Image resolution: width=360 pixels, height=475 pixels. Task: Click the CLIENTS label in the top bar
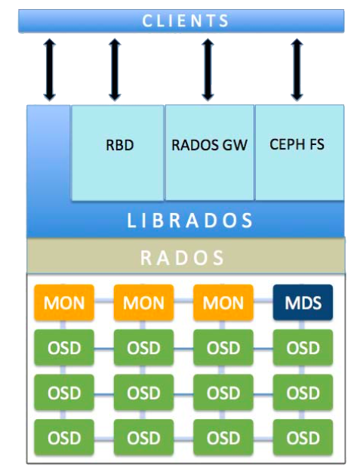coord(186,20)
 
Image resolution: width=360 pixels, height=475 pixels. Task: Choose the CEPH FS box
coord(297,144)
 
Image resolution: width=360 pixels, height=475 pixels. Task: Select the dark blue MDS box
coord(303,304)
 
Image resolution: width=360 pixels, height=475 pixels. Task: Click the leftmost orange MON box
coord(64,304)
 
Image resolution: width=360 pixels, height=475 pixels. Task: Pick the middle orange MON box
coord(143,304)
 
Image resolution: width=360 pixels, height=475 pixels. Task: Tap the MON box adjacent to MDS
coord(223,304)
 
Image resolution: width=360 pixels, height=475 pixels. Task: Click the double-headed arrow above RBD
coord(114,69)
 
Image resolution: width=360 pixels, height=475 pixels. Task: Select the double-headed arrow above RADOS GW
coord(208,69)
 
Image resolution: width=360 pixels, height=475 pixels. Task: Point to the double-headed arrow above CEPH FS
coord(297,69)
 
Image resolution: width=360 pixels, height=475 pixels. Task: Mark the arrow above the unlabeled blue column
coord(49,69)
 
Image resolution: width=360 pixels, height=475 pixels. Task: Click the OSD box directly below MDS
coord(303,348)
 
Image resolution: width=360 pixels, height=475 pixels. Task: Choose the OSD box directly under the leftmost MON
coord(64,348)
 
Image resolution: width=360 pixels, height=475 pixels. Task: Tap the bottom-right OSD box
coord(303,437)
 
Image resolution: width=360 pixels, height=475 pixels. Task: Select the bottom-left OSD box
coord(64,437)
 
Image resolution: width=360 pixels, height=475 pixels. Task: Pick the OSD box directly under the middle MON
coord(143,348)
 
